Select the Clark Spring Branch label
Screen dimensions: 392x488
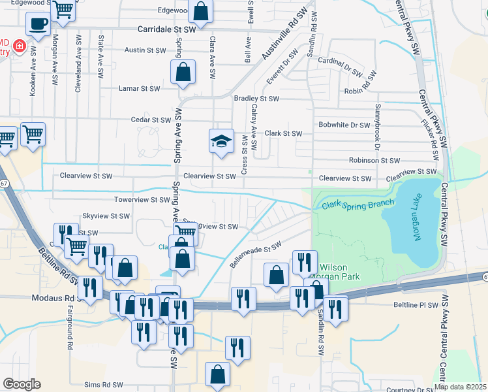(x=358, y=204)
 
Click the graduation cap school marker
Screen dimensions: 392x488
(x=221, y=140)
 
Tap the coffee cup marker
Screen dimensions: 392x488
(x=38, y=24)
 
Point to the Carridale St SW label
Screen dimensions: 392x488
(x=166, y=30)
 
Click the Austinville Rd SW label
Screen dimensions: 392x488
(x=284, y=37)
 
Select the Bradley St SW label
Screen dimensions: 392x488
(x=256, y=99)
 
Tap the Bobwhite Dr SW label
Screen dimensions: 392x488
(x=344, y=125)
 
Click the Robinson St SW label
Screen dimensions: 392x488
(x=374, y=160)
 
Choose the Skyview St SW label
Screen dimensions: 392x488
(x=106, y=216)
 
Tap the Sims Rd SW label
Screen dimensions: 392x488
(x=104, y=385)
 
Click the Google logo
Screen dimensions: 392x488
(x=22, y=384)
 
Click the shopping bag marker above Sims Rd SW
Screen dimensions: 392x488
(x=217, y=374)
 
